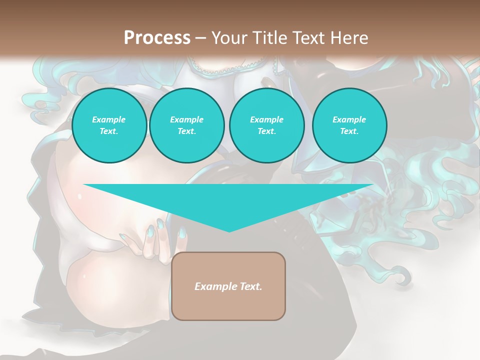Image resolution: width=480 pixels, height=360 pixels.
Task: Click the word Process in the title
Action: pos(157,38)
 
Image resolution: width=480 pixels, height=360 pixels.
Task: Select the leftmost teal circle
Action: pos(109,125)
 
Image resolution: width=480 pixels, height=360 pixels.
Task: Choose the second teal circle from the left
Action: pos(186,125)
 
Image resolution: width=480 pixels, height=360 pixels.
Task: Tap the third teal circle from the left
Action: pos(266,125)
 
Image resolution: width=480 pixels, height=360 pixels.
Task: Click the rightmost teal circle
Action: pos(349,125)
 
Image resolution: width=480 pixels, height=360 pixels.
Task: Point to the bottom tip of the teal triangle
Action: pos(228,230)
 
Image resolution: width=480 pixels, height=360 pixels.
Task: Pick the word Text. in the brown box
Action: pos(250,286)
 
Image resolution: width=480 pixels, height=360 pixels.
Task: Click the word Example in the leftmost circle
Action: pos(109,119)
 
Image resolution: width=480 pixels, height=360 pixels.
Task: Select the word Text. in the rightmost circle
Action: pos(349,131)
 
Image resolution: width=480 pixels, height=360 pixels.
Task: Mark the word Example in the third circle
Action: pos(266,119)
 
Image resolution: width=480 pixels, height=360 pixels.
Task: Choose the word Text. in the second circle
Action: pos(186,131)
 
